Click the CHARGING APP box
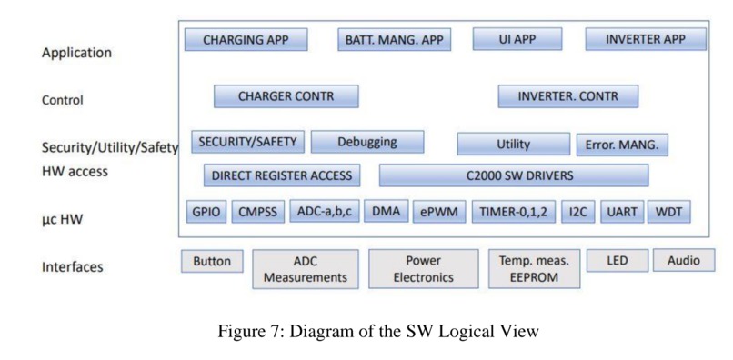pos(246,40)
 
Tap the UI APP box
pos(517,39)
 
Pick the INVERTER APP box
pos(645,39)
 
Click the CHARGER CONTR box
pos(286,96)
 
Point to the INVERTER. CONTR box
pos(567,96)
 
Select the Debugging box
pos(366,142)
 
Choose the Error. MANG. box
pos(623,145)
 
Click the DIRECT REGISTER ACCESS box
pos(281,175)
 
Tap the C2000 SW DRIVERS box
pos(513,175)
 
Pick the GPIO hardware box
pos(205,213)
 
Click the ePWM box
pos(440,213)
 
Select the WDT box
pos(668,213)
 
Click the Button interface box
pos(212,261)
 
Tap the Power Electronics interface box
pos(423,268)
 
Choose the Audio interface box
pos(683,261)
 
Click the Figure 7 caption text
pos(378,331)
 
